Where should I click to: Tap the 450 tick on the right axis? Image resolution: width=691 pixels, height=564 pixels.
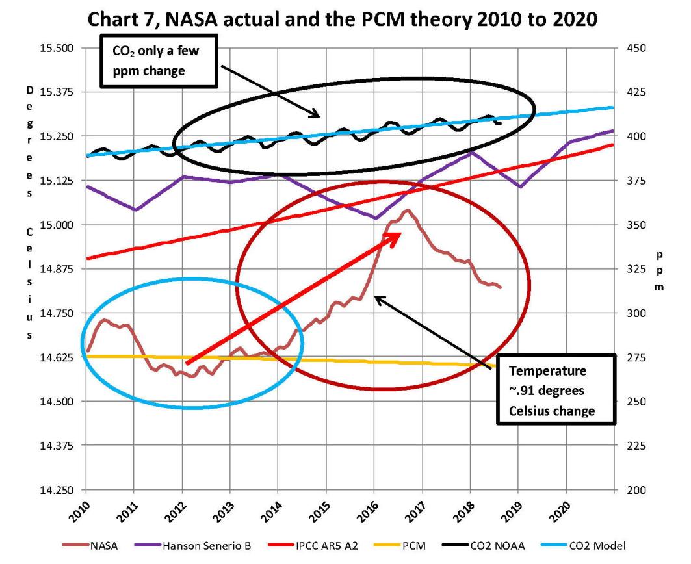(634, 48)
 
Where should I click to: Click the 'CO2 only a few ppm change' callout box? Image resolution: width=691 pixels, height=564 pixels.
(159, 60)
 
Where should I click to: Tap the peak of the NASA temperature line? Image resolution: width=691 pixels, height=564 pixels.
(408, 211)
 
